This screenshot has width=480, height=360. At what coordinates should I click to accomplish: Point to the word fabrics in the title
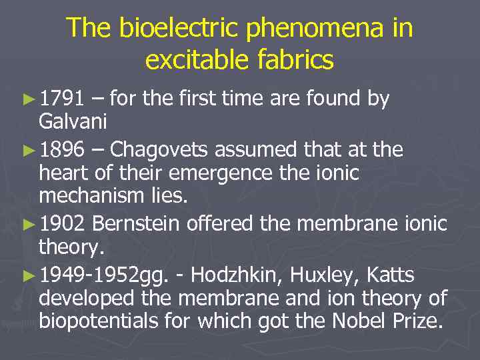tap(295, 60)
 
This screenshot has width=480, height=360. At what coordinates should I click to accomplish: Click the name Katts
tap(391, 275)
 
